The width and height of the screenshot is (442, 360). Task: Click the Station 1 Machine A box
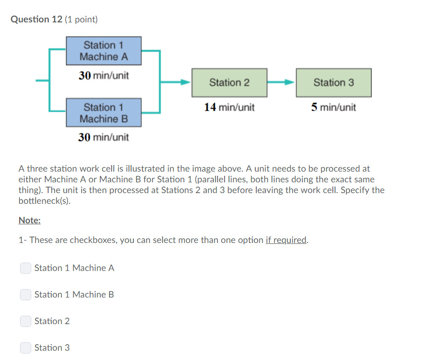pyautogui.click(x=104, y=51)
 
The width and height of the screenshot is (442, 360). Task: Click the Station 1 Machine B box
pyautogui.click(x=104, y=113)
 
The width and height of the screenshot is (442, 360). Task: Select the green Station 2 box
pyautogui.click(x=229, y=83)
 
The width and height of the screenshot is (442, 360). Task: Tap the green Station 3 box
pyautogui.click(x=334, y=83)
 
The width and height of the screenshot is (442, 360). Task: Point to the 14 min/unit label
pyautogui.click(x=229, y=107)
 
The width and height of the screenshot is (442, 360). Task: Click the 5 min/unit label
pyautogui.click(x=334, y=107)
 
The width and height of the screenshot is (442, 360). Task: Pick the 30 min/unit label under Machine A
pyautogui.click(x=104, y=75)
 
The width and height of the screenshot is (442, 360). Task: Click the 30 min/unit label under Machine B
pyautogui.click(x=104, y=137)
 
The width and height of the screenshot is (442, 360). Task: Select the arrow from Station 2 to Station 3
pyautogui.click(x=281, y=83)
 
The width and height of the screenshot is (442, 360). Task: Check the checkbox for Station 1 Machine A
pyautogui.click(x=26, y=268)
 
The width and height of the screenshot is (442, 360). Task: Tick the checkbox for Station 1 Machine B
pyautogui.click(x=26, y=295)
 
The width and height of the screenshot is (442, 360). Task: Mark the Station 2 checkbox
pyautogui.click(x=26, y=321)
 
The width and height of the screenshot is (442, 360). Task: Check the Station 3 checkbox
pyautogui.click(x=26, y=348)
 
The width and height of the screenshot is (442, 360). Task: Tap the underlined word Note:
pyautogui.click(x=29, y=221)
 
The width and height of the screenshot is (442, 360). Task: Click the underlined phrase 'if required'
pyautogui.click(x=286, y=240)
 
